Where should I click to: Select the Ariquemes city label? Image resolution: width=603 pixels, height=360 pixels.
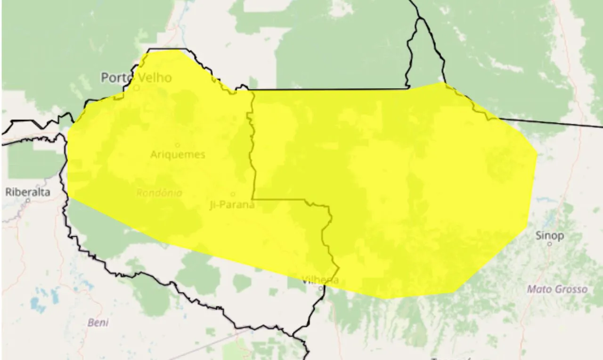pyautogui.click(x=178, y=155)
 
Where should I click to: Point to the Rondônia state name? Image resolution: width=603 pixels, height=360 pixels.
pyautogui.click(x=159, y=193)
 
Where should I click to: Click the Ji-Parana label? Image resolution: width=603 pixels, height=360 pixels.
pyautogui.click(x=232, y=205)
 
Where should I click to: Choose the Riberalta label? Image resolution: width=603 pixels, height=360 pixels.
pyautogui.click(x=28, y=192)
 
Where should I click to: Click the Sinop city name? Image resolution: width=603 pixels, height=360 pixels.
pyautogui.click(x=550, y=236)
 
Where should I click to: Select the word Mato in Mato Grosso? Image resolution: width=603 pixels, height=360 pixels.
pyautogui.click(x=539, y=289)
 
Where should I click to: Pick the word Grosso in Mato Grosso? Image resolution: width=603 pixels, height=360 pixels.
pyautogui.click(x=570, y=289)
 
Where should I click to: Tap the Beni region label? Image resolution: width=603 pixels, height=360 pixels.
pyautogui.click(x=98, y=323)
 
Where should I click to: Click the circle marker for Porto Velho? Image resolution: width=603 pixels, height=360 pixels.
pyautogui.click(x=137, y=88)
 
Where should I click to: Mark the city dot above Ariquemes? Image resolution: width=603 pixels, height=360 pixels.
pyautogui.click(x=178, y=145)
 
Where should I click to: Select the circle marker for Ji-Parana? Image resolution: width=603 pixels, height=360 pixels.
pyautogui.click(x=233, y=194)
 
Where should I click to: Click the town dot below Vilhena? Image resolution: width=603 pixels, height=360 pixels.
pyautogui.click(x=320, y=287)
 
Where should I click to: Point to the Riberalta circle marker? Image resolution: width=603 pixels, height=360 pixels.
pyautogui.click(x=28, y=200)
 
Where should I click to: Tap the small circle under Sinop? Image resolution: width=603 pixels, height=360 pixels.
pyautogui.click(x=549, y=244)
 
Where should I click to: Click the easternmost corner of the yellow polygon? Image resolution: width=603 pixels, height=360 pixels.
pyautogui.click(x=537, y=154)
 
